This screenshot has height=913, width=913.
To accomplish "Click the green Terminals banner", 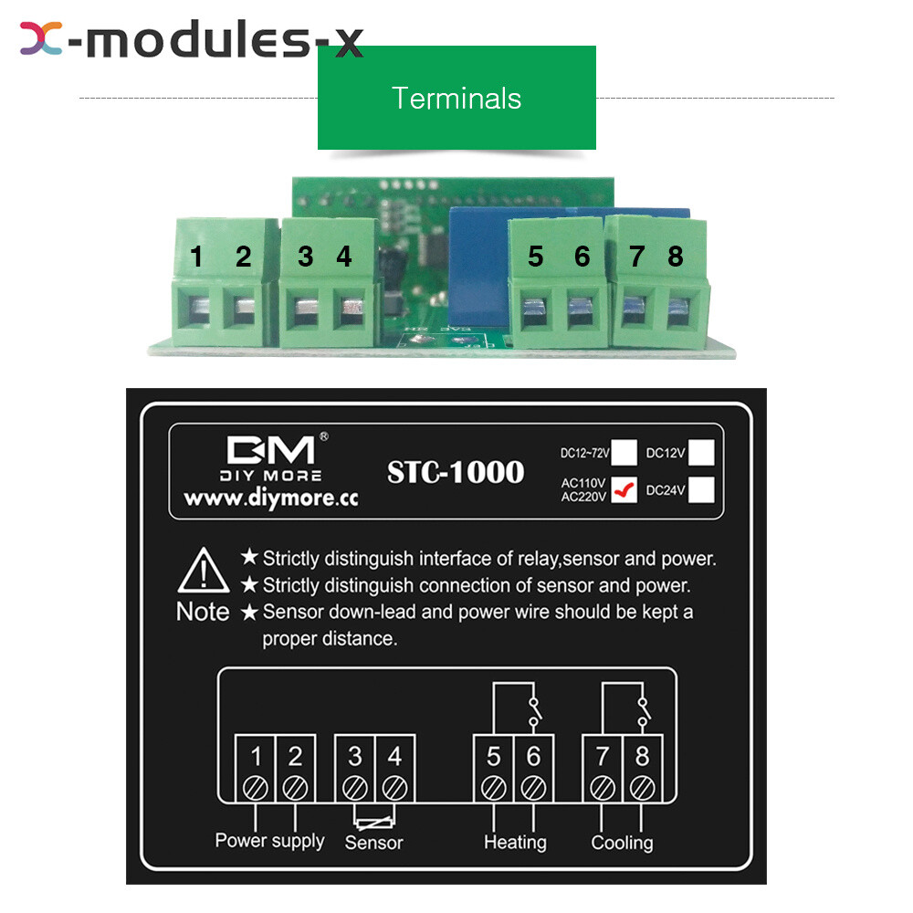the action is point(456,98).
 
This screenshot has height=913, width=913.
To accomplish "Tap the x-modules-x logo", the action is point(192,40).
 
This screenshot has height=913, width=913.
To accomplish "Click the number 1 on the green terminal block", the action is point(196,257).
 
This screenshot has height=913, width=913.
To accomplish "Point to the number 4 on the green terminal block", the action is point(343,257).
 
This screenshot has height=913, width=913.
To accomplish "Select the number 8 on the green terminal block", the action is point(675,257).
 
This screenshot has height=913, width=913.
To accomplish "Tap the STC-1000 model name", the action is point(456,472).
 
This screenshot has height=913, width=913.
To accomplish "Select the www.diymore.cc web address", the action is point(270,499).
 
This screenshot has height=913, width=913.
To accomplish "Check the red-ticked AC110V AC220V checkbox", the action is point(624,490).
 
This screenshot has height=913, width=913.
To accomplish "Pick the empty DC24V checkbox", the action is point(701,490).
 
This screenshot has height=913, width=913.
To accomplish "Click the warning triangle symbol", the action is point(203,573).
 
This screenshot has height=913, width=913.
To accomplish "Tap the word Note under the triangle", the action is point(203,612).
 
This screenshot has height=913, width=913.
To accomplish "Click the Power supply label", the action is point(269,840).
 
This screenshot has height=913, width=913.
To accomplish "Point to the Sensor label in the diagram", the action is point(373,843).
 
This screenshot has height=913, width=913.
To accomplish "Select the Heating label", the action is point(515,842).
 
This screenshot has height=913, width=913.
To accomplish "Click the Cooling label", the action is point(622,842).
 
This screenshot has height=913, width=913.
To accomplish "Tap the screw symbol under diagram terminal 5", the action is point(494,785).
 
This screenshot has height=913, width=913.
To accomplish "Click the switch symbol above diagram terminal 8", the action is point(644,711).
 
